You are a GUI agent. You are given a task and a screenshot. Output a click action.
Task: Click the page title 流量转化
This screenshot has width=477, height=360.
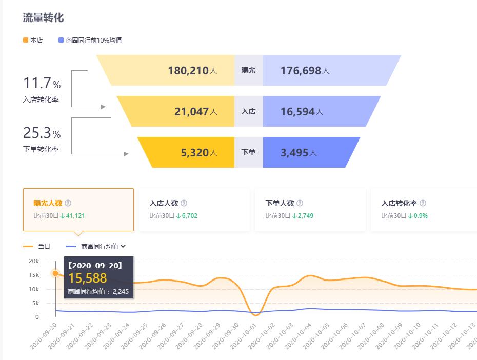coord(43,17)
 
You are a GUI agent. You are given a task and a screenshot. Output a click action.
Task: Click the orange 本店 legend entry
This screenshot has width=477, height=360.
coord(33,40)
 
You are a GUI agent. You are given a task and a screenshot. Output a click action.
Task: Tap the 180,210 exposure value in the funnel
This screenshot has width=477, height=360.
coord(188,70)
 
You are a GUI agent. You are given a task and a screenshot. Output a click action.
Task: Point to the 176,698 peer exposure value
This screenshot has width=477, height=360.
coord(301,70)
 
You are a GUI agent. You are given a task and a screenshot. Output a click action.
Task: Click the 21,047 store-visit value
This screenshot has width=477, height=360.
coord(192,111)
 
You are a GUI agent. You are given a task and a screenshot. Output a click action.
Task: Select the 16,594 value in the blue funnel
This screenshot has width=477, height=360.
coord(297,111)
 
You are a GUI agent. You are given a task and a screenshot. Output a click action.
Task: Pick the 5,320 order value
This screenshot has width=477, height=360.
coord(195,152)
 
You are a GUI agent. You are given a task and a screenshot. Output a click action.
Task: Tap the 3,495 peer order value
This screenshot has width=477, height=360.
coord(294,152)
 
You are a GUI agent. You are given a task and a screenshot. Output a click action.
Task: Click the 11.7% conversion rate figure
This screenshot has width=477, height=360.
coord(42,83)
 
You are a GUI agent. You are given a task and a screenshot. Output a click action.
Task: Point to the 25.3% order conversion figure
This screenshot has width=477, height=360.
coord(42,133)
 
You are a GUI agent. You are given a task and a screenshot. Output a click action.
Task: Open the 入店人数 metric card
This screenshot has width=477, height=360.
coord(194,209)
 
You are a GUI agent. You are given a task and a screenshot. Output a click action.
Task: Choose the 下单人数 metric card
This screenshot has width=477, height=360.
coord(310,209)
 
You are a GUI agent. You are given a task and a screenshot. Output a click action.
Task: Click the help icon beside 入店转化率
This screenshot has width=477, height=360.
coord(423,203)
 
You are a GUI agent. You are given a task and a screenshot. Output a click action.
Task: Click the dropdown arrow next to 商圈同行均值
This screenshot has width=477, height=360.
coord(123,247)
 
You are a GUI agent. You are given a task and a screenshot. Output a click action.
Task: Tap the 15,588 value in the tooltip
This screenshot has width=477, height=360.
coord(88,278)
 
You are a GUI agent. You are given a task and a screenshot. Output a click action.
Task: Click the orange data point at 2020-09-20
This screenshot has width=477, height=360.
coord(55,273)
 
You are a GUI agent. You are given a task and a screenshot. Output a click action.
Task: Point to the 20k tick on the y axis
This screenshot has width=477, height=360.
coord(33,261)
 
